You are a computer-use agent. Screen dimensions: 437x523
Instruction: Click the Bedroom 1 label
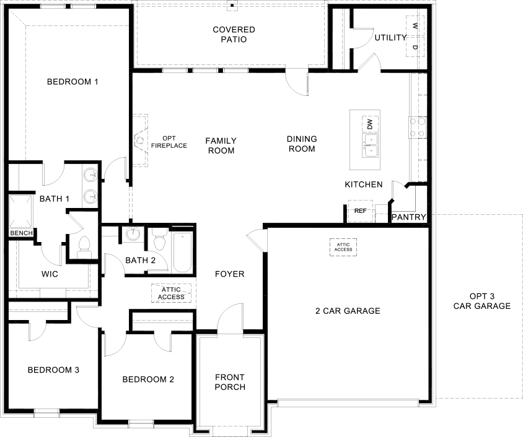[x=74, y=82]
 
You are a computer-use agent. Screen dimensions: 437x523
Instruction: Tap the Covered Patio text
[x=234, y=35]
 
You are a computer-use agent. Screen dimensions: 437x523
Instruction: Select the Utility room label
[x=390, y=38]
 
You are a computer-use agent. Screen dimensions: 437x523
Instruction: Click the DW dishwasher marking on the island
[x=370, y=123]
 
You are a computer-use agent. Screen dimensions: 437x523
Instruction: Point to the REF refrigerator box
[x=360, y=211]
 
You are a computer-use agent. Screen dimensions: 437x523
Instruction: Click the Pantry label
[x=409, y=217]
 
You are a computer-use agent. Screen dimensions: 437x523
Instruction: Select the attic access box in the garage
[x=343, y=247]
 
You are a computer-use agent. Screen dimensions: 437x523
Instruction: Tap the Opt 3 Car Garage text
[x=481, y=301]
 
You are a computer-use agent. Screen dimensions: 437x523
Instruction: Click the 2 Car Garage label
[x=347, y=311]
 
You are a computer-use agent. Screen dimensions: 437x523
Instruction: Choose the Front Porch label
[x=230, y=382]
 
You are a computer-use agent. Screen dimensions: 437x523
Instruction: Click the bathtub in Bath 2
[x=182, y=251]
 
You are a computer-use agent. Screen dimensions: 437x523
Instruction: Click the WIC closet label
[x=50, y=274]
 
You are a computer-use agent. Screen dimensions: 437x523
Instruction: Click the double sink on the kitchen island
[x=369, y=146]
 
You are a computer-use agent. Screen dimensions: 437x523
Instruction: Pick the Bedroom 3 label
[x=53, y=370]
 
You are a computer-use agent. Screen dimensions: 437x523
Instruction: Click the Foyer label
[x=229, y=274]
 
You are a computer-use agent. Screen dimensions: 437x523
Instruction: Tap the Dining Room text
[x=302, y=144]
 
